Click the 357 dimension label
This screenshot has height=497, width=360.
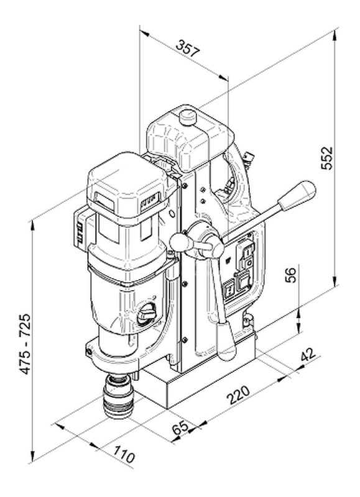click(x=188, y=48)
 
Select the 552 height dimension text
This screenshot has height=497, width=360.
click(x=326, y=158)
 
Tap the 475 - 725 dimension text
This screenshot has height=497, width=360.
click(x=25, y=344)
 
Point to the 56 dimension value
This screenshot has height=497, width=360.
click(x=290, y=275)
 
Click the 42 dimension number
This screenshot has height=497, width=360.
click(x=308, y=355)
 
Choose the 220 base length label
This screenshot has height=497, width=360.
click(x=238, y=394)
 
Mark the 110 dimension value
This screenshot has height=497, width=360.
click(x=124, y=454)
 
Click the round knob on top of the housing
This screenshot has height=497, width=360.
click(x=187, y=117)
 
